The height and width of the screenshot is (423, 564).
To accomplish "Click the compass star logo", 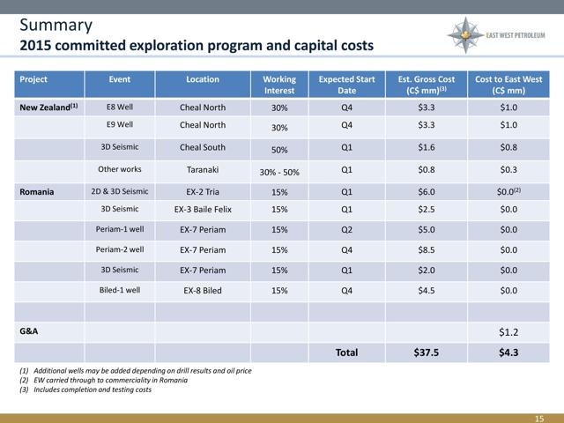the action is pos(465,35).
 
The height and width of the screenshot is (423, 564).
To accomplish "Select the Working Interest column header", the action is pos(279,85).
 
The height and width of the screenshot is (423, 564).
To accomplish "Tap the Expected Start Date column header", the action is pos(346,85).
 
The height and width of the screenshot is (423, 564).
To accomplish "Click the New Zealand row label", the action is pos(48,108).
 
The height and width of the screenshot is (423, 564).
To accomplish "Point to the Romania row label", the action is pos(37,192).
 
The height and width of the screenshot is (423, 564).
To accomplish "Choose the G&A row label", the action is pos(29,331).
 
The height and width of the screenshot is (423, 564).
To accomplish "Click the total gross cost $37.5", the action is pos(427,352).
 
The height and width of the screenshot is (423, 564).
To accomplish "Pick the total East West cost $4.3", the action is pos(508,352).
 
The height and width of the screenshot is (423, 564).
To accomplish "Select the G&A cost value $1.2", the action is pos(508,332).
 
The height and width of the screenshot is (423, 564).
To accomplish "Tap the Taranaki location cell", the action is pos(203,169).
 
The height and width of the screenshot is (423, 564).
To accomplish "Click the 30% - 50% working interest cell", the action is pos(279,173).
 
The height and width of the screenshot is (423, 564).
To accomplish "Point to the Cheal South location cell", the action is pos(203,147).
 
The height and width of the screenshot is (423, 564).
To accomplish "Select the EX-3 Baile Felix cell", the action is pos(203,210).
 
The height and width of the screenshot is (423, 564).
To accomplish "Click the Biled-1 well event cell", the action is pos(120,290).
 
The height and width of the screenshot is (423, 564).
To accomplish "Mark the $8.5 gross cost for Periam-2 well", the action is pos(427,250).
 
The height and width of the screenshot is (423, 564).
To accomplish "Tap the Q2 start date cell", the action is pos(346,230).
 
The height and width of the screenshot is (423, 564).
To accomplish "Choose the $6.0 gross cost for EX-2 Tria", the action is pos(427,192).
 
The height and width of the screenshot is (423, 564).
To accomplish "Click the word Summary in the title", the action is pos(56,26).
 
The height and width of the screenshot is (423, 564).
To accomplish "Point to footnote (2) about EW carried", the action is pos(104,380).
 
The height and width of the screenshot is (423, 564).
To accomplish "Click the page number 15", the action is pos(539,419).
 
